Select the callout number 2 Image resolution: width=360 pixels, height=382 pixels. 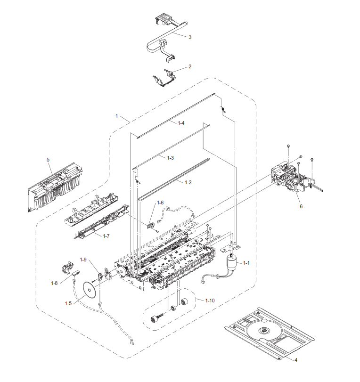point(189,66)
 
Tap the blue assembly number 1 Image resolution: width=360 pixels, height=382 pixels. point(117,116)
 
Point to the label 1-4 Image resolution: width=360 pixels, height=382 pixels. point(180,123)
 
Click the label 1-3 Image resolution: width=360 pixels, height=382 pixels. point(171,157)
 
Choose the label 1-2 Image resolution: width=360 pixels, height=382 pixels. point(188,182)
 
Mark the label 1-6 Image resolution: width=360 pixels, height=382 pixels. point(161,203)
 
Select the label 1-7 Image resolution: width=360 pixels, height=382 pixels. point(106,236)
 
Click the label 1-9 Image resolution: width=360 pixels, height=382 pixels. point(83,260)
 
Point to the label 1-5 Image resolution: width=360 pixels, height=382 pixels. point(69,304)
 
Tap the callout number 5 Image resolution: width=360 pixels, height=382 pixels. point(48,160)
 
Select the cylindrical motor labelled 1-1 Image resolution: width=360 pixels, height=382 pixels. point(232,261)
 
